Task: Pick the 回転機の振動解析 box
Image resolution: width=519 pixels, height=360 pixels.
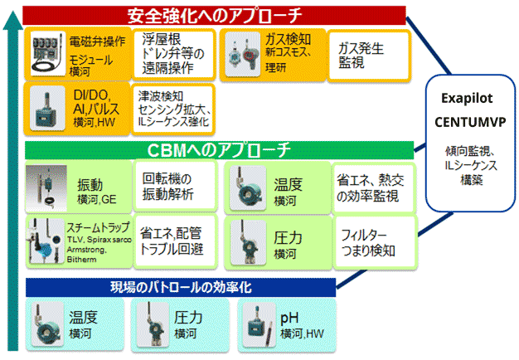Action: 172,187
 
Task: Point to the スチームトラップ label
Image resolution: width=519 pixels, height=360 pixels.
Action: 92,225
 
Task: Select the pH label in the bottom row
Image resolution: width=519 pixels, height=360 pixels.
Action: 289,317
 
